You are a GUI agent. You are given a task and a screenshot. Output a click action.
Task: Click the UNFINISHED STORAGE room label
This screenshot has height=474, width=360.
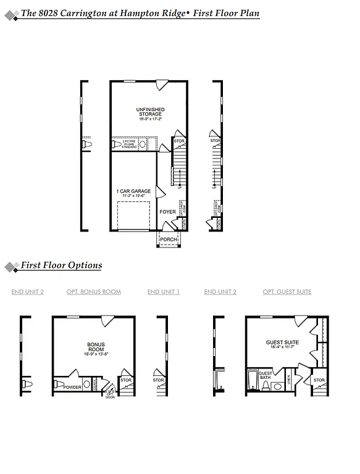click(x=149, y=112)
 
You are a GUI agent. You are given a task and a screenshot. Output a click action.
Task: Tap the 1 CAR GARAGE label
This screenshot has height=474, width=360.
click(x=133, y=191)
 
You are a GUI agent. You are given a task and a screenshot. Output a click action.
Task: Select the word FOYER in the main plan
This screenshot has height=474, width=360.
click(x=168, y=212)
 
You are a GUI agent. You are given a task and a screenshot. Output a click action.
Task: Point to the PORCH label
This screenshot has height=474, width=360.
click(x=168, y=239)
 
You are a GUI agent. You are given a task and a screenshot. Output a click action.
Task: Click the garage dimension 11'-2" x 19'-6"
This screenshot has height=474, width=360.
click(x=133, y=197)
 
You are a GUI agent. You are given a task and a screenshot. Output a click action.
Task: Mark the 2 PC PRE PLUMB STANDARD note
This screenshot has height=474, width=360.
click(x=128, y=144)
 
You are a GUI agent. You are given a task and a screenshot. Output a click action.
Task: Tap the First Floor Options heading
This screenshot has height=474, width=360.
click(x=61, y=265)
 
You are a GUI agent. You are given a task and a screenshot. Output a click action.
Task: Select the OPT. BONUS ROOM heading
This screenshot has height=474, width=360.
click(x=94, y=292)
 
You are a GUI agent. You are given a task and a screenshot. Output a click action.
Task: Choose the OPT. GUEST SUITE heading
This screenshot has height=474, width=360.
click(x=287, y=292)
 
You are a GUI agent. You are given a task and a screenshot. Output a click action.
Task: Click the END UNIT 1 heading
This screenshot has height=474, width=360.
click(x=164, y=292)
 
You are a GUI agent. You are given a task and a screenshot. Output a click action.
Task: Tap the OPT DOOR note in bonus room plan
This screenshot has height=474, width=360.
click(x=111, y=395)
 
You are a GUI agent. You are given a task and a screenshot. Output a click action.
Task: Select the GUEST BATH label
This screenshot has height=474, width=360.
click(x=265, y=376)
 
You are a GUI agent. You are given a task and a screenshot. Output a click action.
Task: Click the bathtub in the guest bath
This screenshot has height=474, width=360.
click(x=252, y=381)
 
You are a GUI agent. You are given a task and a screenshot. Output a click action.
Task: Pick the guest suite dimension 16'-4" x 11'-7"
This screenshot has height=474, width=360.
click(x=282, y=347)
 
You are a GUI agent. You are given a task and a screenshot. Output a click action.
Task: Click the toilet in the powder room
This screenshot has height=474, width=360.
click(x=86, y=385)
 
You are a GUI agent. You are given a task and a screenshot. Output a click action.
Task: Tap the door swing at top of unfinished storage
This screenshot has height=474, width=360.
click(x=162, y=85)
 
